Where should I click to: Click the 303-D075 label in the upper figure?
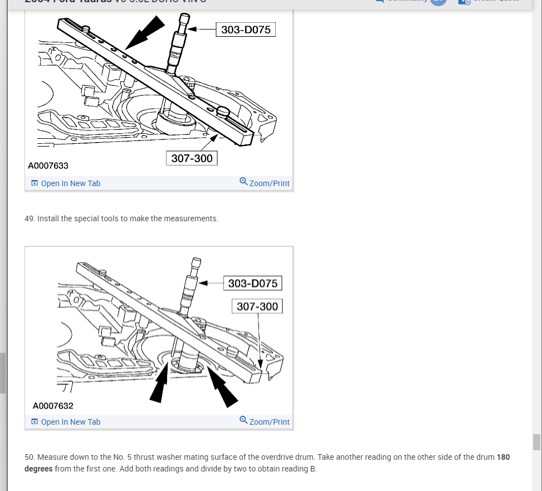coord(246,30)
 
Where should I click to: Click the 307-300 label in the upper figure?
coord(192,158)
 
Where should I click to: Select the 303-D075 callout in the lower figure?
coord(252,283)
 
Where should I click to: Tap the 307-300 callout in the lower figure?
coord(257,307)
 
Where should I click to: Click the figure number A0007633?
coord(48,166)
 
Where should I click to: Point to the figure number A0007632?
coord(53,406)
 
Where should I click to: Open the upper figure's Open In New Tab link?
coord(70,183)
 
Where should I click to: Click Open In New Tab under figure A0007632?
coord(70,422)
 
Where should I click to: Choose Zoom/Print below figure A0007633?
coord(269,183)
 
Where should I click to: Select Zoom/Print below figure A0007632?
coord(269,422)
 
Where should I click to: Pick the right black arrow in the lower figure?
coord(223,388)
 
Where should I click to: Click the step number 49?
coord(30,218)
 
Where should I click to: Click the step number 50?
coord(30,457)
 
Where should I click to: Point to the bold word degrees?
coord(38,469)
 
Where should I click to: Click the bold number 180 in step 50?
coord(503,457)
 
